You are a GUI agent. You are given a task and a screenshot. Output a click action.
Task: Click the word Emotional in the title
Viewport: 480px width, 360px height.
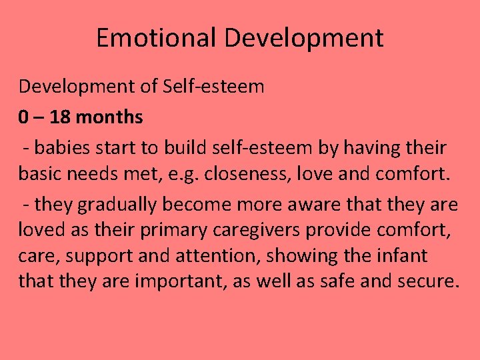tap(156, 38)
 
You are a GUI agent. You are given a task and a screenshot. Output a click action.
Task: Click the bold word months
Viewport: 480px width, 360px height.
tap(109, 117)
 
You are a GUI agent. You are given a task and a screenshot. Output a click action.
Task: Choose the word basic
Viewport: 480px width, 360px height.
tap(39, 174)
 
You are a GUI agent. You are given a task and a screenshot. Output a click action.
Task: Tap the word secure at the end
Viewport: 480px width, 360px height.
tap(427, 281)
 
